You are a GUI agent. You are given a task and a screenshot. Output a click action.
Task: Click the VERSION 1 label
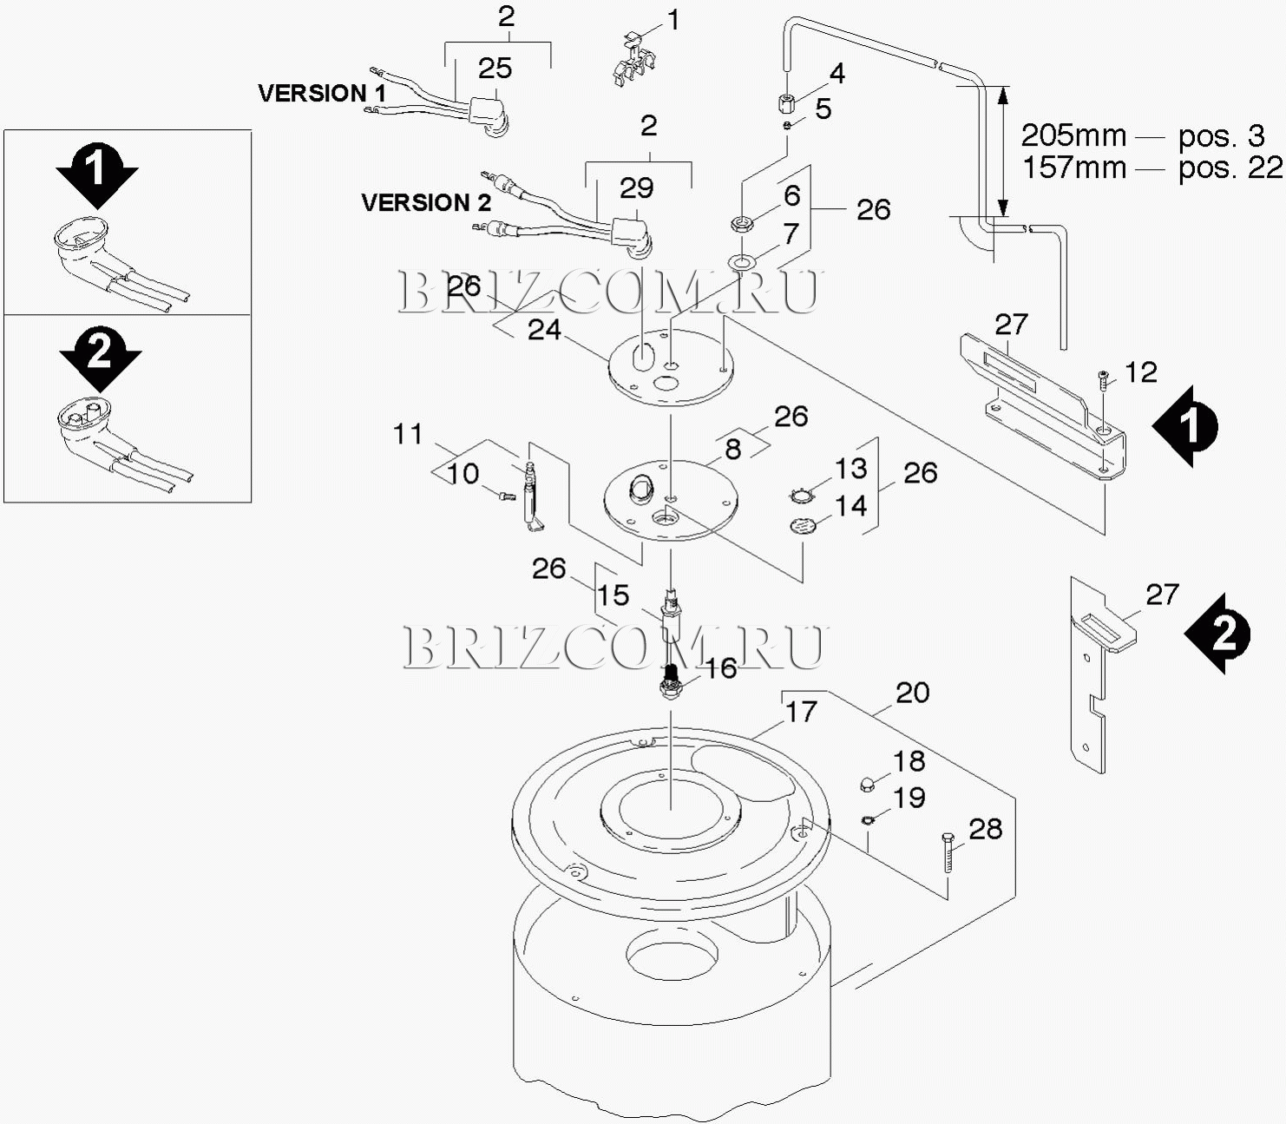point(322,93)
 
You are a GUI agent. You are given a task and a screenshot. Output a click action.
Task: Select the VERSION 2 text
point(425,202)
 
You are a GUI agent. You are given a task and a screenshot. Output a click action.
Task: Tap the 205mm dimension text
point(1073,135)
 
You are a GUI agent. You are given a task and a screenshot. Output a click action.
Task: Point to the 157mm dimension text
point(1073,167)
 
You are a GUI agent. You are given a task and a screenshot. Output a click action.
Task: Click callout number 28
point(985,829)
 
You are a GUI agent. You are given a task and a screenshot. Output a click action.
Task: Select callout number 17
point(801,712)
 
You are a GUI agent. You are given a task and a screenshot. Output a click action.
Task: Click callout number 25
point(495,68)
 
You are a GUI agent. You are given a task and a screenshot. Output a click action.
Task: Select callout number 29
point(636,187)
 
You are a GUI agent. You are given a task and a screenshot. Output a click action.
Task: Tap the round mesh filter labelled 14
point(804,525)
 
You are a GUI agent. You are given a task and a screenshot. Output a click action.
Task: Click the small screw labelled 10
point(506,496)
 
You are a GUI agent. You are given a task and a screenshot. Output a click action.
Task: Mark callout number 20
point(912,693)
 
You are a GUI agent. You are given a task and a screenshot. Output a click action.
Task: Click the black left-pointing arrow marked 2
point(1218,634)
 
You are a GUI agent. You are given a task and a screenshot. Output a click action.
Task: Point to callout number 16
point(720,667)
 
